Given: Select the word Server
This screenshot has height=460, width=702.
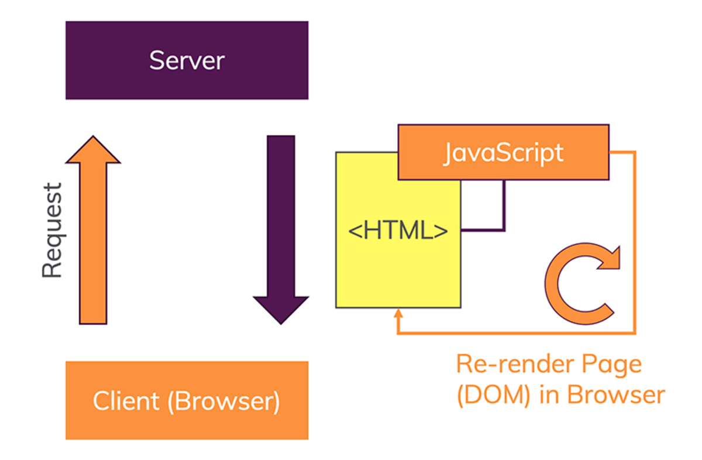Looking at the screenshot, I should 187,61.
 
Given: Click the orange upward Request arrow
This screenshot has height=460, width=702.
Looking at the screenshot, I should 93,246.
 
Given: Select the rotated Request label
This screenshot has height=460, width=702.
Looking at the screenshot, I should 52,231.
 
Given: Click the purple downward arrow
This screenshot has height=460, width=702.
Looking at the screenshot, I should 281,222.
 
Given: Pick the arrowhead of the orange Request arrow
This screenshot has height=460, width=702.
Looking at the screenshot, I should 93,150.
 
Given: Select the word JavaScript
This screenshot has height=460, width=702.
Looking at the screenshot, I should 503,153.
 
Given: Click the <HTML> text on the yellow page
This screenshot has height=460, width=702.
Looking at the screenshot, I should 398,231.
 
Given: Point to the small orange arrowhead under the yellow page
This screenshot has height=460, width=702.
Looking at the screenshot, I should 398,314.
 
